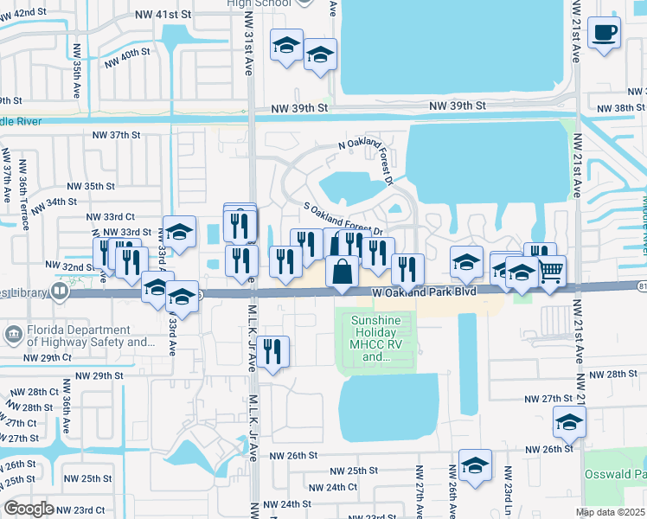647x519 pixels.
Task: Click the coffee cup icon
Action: coord(604,34)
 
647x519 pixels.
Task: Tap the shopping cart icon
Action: coord(550,272)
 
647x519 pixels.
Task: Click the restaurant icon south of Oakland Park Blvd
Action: coord(272,351)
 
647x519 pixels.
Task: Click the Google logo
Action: coord(29,509)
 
